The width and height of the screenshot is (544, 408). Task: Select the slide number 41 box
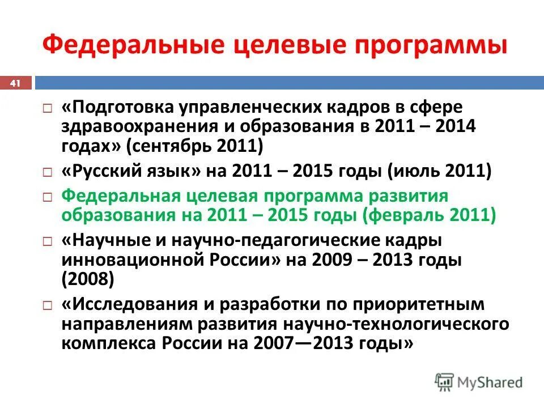15,84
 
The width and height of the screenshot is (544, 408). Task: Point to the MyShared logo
478,382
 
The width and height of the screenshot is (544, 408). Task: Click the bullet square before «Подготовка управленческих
49,108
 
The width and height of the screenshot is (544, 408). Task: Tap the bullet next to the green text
49,197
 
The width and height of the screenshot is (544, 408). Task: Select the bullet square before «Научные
49,241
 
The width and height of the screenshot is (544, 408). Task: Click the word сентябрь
172,147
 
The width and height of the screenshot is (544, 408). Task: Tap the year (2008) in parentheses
88,279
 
